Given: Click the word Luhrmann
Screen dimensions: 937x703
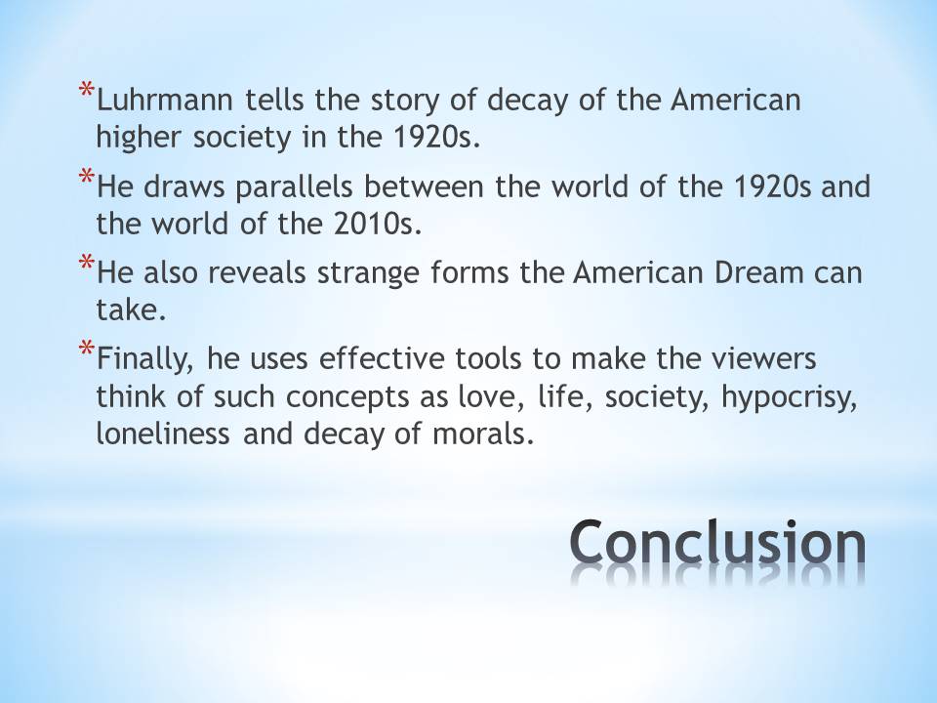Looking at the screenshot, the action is pyautogui.click(x=164, y=100).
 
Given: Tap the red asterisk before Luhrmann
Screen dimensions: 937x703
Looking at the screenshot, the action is pyautogui.click(x=87, y=90).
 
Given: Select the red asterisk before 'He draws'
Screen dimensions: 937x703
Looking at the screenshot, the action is pyautogui.click(x=87, y=177).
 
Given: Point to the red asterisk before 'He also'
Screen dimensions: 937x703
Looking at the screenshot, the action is pyautogui.click(x=87, y=263).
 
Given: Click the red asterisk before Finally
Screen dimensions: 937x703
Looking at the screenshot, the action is pyautogui.click(x=87, y=348).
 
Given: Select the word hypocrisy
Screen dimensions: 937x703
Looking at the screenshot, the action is pyautogui.click(x=789, y=397).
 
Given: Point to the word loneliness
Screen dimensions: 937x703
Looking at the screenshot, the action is pyautogui.click(x=163, y=434).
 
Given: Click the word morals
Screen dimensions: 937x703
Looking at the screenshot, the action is pyautogui.click(x=483, y=434).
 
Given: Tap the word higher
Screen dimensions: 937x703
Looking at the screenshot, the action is pyautogui.click(x=138, y=138).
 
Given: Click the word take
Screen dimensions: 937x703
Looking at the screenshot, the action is pyautogui.click(x=131, y=310).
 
